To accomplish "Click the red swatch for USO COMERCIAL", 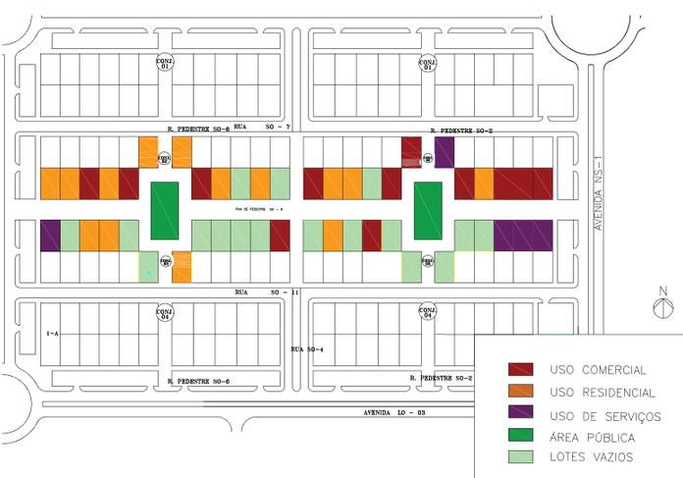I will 520,370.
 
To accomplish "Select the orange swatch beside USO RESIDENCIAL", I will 520,393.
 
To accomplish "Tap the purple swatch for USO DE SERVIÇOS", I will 520,415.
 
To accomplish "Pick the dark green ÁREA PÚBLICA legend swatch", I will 520,437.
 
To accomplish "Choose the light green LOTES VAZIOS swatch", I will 520,457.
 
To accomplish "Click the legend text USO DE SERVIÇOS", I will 605,416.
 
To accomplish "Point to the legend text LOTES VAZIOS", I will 592,458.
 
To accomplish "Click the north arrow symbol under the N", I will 662,308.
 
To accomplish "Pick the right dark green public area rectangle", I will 428,210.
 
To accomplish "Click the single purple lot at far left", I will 50,235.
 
